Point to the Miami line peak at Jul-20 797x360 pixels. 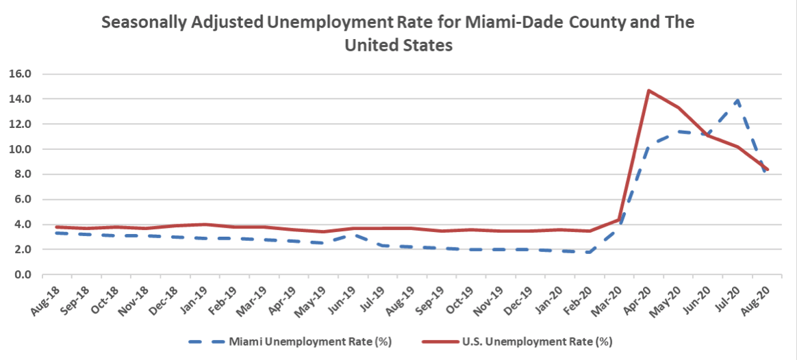click(737, 100)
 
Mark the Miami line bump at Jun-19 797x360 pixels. click(352, 234)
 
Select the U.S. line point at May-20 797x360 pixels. click(679, 107)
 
